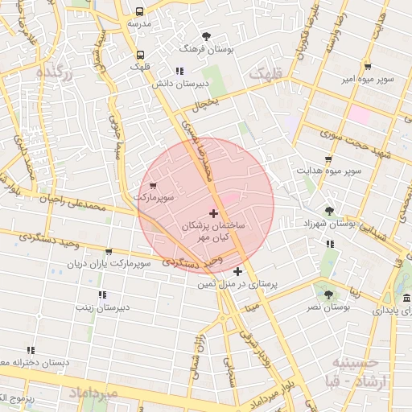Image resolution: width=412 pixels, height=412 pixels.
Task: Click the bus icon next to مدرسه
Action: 140,12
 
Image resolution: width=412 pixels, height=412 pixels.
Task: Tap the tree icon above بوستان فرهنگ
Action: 207,36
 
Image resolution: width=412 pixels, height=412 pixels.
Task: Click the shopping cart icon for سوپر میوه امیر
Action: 368,67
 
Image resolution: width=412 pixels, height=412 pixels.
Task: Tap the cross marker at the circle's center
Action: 213,213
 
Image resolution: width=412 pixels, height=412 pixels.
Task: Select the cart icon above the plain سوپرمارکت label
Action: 153,186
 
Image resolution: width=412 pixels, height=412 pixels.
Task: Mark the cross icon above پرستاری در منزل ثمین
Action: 237,272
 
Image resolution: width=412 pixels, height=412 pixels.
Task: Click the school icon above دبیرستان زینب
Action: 101,295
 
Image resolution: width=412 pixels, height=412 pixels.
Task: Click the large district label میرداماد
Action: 93,393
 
